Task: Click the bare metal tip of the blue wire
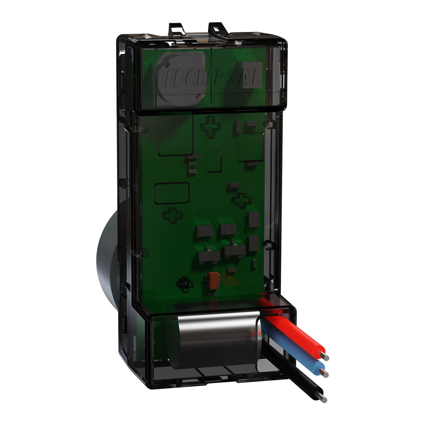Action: tap(326, 373)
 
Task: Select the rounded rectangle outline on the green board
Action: tap(172, 193)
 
